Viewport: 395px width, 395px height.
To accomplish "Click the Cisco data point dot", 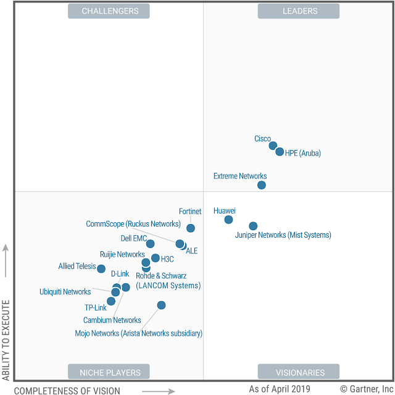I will click(x=273, y=146).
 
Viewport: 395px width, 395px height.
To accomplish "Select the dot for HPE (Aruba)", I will click(x=280, y=152).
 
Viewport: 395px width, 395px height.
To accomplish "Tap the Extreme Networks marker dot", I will click(x=262, y=185).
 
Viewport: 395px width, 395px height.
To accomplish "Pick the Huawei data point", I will click(x=228, y=220).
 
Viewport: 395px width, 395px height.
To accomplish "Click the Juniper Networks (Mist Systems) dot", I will click(x=253, y=227).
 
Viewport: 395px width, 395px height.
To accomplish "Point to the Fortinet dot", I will click(x=191, y=228).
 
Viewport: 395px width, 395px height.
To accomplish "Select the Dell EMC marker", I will click(x=150, y=244).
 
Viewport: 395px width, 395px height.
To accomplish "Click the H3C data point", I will click(x=156, y=258).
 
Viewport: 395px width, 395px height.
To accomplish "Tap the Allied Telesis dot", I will click(x=101, y=268).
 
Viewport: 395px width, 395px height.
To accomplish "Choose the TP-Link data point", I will click(x=111, y=302).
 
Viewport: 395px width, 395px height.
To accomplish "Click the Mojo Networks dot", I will click(x=161, y=305).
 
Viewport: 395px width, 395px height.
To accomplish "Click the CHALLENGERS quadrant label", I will click(x=110, y=10).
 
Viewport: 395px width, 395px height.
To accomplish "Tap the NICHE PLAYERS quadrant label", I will click(x=110, y=372).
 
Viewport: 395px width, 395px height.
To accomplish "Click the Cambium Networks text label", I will click(x=112, y=320).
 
